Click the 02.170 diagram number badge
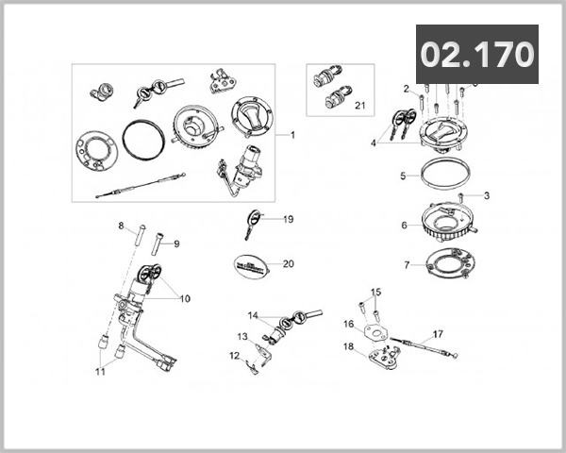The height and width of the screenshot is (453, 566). click(477, 55)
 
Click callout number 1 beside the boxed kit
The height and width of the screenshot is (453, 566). click(292, 135)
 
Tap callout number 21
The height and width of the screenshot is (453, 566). click(358, 106)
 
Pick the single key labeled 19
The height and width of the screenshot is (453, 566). click(251, 223)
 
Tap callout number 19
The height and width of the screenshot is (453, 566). click(289, 219)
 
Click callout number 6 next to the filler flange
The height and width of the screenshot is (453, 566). click(404, 226)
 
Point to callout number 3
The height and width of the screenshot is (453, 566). click(486, 196)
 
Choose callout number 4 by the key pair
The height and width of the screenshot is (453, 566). click(375, 143)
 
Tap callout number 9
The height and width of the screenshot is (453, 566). click(175, 243)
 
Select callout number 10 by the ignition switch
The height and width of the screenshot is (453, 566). click(185, 298)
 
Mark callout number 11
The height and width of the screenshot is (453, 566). click(100, 372)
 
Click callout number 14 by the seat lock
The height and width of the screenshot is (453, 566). click(253, 315)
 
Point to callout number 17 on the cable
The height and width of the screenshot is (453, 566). click(437, 333)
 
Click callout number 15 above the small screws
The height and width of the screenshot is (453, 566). click(375, 292)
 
